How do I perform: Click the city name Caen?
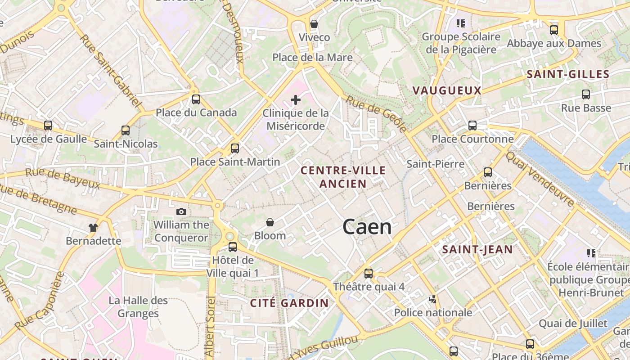click(x=367, y=227)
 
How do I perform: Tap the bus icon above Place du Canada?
click(x=196, y=99)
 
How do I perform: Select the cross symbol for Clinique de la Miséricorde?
click(x=296, y=100)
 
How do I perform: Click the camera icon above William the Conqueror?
click(x=181, y=211)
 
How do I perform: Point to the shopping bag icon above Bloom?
click(x=270, y=222)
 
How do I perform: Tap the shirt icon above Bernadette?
click(x=93, y=228)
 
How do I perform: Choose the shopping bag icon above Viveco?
click(x=314, y=24)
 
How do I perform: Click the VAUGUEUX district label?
click(x=447, y=90)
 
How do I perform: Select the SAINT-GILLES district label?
click(x=567, y=75)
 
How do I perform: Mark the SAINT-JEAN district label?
click(x=477, y=250)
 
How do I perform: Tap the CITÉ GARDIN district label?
click(x=289, y=303)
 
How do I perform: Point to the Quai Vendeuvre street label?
click(x=540, y=179)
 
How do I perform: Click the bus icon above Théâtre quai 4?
click(x=369, y=273)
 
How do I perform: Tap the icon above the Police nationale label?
click(x=433, y=299)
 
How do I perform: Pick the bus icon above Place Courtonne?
click(x=472, y=126)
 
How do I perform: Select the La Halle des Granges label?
click(x=138, y=307)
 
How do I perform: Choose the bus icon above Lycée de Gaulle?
click(x=48, y=126)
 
